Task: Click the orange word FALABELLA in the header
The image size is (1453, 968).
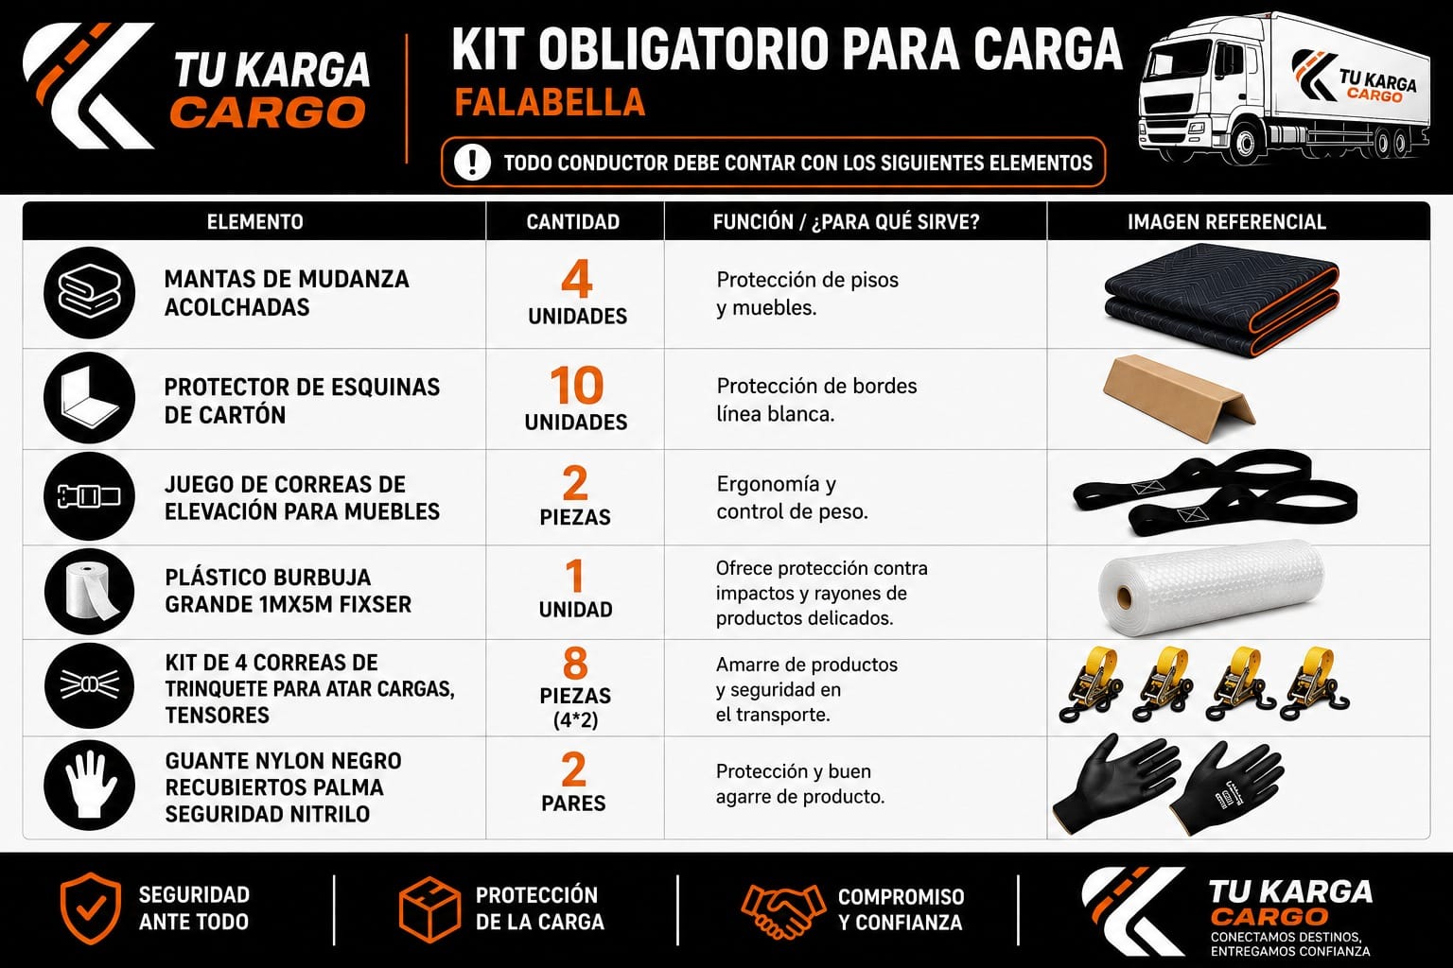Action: point(550,102)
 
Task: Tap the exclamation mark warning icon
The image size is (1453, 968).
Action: point(472,162)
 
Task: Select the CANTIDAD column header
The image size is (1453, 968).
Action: point(572,222)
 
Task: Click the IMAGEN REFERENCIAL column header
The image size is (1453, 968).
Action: point(1227,222)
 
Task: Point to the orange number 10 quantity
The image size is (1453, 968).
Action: point(577,386)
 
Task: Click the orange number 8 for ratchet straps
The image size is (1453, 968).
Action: point(575,664)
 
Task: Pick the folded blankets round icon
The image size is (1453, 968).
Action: point(90,292)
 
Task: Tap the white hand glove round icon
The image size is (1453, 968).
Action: point(90,786)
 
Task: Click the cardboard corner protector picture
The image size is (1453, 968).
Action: point(1180,397)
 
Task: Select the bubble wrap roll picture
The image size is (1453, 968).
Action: point(1211,588)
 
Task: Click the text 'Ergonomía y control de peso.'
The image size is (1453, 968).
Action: point(792,498)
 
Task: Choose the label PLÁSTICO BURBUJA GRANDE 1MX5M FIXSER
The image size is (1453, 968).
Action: point(288,591)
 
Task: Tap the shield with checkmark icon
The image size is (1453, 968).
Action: point(91,908)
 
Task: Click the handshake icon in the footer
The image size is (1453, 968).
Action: point(783,910)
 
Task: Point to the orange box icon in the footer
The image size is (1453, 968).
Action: point(429,909)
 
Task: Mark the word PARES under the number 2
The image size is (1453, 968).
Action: point(573,804)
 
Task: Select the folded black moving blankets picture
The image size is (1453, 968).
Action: point(1221,298)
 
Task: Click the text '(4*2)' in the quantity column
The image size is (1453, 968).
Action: point(575,720)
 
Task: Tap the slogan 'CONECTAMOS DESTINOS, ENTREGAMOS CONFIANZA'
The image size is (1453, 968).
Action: point(1290,944)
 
